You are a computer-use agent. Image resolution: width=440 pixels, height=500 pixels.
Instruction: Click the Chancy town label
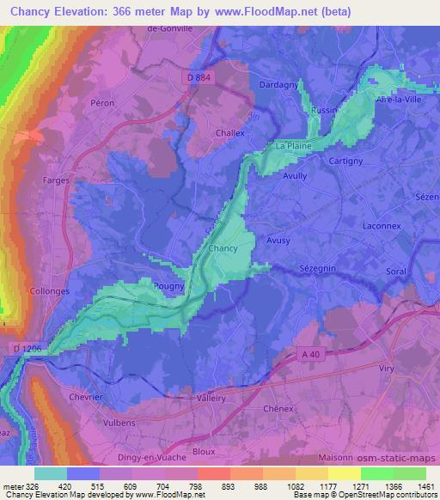pyautogui.click(x=223, y=249)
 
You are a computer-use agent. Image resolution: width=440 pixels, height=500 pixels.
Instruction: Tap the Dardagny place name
pyautogui.click(x=277, y=85)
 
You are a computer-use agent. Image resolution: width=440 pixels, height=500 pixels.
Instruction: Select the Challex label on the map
pyautogui.click(x=229, y=133)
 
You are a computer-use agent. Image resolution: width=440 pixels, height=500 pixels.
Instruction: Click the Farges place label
pyautogui.click(x=56, y=180)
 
